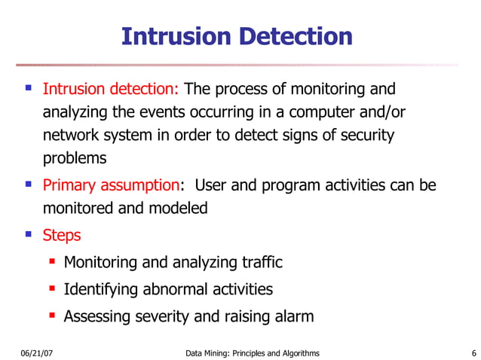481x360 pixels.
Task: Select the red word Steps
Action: click(x=62, y=235)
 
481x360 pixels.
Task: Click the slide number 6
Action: click(x=473, y=353)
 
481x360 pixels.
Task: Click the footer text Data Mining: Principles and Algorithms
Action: click(x=252, y=353)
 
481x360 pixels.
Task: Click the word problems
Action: click(x=75, y=159)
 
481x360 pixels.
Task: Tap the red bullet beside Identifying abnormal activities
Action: click(x=52, y=288)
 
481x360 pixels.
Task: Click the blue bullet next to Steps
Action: click(x=29, y=234)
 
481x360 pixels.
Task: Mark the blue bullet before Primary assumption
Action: click(x=29, y=185)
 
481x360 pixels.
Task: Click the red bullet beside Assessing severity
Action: click(x=52, y=316)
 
